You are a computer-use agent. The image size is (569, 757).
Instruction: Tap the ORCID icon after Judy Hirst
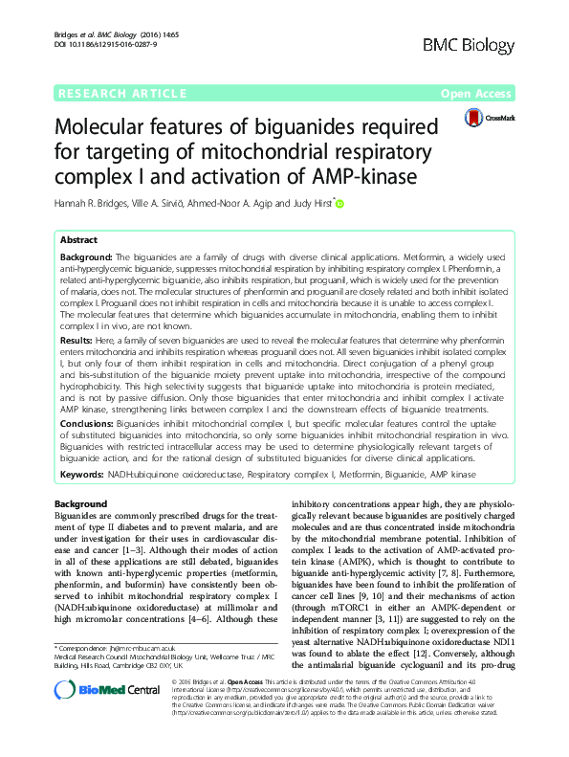338,203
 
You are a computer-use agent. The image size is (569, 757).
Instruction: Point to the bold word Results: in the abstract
76,340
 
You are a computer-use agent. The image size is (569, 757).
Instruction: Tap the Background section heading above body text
80,503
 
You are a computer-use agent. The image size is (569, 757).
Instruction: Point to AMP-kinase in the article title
360,175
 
